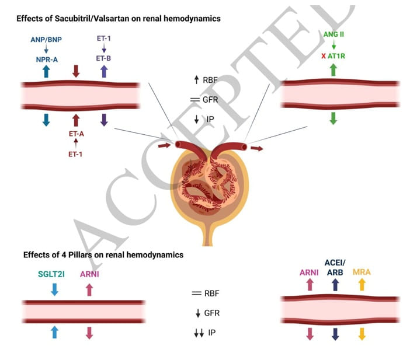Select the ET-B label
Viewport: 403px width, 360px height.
tap(104, 59)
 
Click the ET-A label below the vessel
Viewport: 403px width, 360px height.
tap(75, 134)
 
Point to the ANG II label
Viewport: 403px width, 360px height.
tap(333, 36)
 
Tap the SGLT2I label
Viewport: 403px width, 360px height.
tap(55, 275)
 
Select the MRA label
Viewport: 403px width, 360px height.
tap(362, 272)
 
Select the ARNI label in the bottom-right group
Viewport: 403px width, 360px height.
tap(310, 272)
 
